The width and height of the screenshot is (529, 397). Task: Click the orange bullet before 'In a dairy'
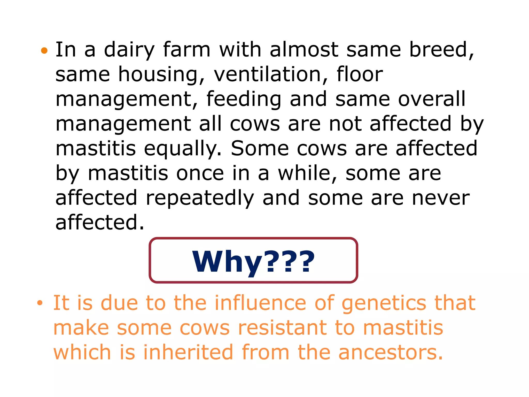tap(44, 50)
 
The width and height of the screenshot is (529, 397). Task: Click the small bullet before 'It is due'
tap(40, 303)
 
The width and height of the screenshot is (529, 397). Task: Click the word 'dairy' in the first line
tap(129, 50)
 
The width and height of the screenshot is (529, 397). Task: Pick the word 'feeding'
tap(244, 100)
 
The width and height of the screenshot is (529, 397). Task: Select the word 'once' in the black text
tap(200, 173)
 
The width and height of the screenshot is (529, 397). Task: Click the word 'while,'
tap(308, 173)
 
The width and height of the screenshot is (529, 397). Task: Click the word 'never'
tap(441, 198)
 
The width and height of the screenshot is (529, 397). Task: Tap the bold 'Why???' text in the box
tap(253, 262)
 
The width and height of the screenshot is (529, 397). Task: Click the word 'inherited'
tap(188, 353)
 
